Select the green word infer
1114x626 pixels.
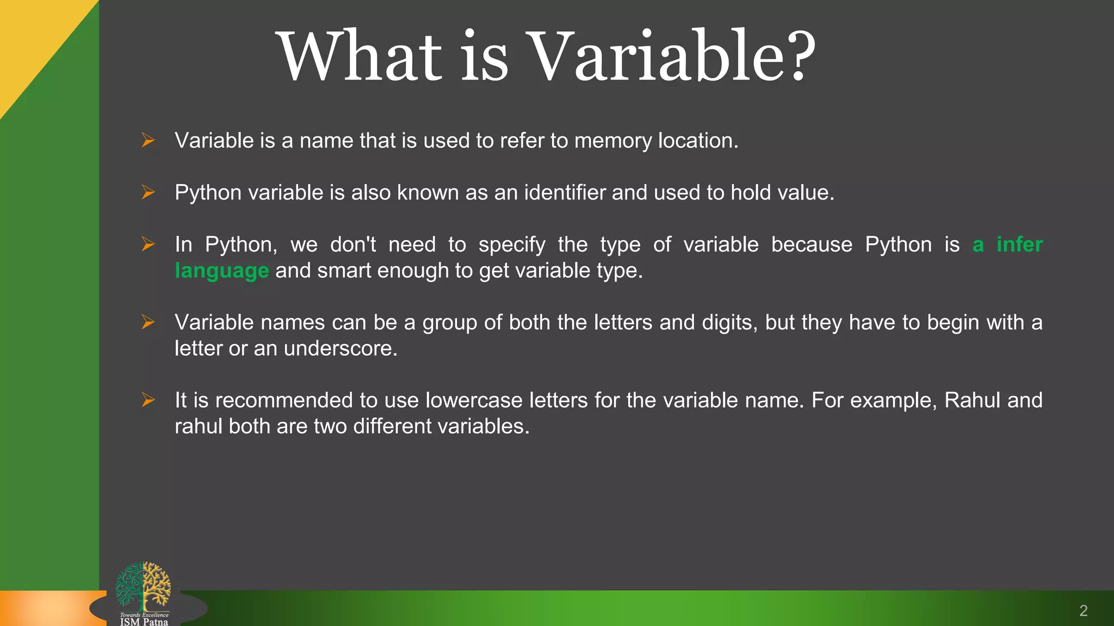[1019, 245]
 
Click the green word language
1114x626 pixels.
[221, 271]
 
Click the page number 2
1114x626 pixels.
[1083, 611]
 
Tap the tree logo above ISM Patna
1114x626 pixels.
[143, 586]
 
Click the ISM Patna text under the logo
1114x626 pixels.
[144, 622]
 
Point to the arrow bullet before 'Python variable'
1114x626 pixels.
[148, 192]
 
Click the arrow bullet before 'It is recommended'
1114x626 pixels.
[148, 400]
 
